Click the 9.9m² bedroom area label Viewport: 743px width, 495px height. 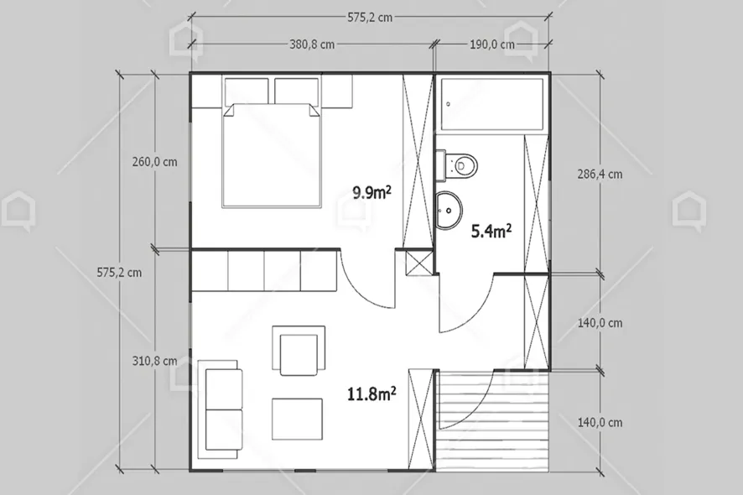pyautogui.click(x=372, y=192)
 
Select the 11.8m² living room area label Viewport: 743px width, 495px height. pyautogui.click(x=371, y=393)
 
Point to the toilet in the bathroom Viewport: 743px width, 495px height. pyautogui.click(x=460, y=163)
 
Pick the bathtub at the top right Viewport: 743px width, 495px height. pyautogui.click(x=493, y=106)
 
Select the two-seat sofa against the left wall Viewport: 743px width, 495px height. pyautogui.click(x=221, y=409)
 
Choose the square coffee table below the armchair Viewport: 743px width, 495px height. pyautogui.click(x=297, y=418)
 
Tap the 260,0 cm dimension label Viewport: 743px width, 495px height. pyautogui.click(x=154, y=162)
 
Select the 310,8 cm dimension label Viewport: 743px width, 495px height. pyautogui.click(x=154, y=361)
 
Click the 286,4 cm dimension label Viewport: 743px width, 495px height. pyautogui.click(x=600, y=175)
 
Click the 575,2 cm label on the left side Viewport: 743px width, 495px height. pyautogui.click(x=119, y=272)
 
